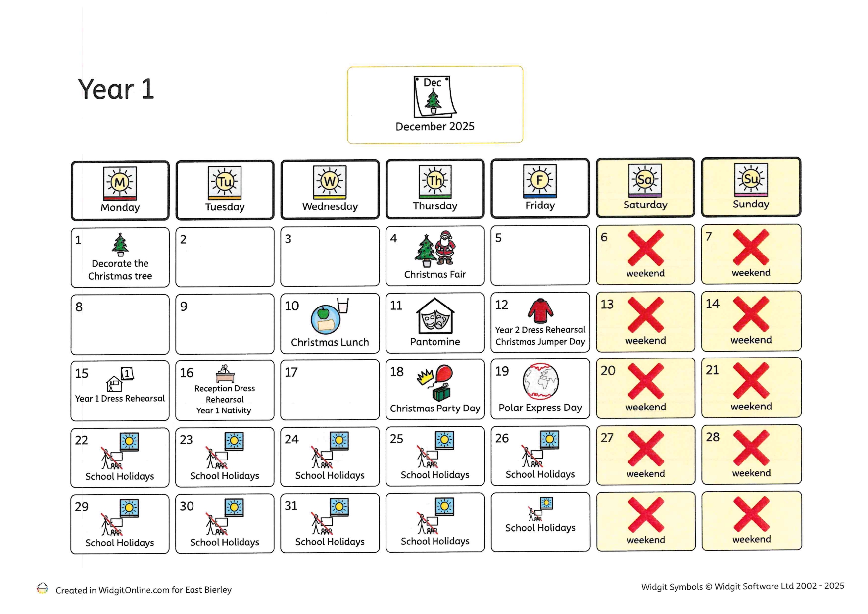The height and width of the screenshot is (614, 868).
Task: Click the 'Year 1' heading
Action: (x=116, y=90)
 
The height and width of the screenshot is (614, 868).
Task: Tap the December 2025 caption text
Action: (x=434, y=127)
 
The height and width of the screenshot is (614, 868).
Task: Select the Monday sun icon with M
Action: (x=120, y=183)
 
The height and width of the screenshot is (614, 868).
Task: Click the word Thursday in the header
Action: (x=434, y=206)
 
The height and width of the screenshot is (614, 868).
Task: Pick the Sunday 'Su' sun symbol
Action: (x=750, y=179)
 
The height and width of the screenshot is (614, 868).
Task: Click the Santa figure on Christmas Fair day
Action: (x=446, y=248)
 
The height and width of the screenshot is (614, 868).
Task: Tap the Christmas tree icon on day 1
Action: (x=120, y=244)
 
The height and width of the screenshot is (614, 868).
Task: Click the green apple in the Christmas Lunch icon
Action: (x=323, y=313)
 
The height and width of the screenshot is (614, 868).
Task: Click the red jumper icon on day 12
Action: (x=540, y=311)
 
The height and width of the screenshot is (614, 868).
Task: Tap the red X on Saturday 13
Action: (x=645, y=315)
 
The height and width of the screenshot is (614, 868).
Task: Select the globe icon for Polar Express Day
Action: (x=540, y=381)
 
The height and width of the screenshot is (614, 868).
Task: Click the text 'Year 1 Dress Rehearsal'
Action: (x=120, y=399)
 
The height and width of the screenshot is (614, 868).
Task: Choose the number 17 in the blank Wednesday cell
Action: (x=291, y=372)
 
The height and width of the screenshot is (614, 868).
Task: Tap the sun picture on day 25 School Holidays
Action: (x=444, y=440)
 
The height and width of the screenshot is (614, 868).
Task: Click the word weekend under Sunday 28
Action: (x=751, y=473)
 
